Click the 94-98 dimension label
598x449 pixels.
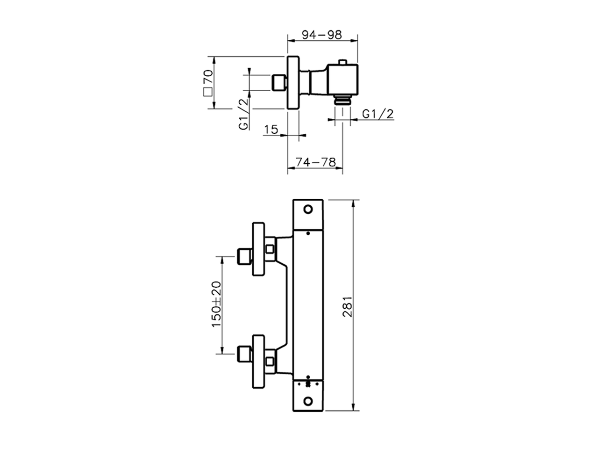(321, 35)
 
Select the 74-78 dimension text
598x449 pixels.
(316, 162)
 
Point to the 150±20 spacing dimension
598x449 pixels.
(217, 304)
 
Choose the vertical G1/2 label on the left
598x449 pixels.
(243, 114)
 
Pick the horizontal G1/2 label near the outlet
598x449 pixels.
(378, 114)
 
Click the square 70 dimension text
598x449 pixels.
(208, 82)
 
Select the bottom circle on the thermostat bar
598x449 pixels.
(308, 401)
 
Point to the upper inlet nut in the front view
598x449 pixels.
(243, 256)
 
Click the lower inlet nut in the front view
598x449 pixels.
(243, 354)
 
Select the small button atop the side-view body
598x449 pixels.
(343, 62)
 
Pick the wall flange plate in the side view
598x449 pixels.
(293, 83)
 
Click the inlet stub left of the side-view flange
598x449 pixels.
(279, 82)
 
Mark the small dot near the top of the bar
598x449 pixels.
(308, 232)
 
